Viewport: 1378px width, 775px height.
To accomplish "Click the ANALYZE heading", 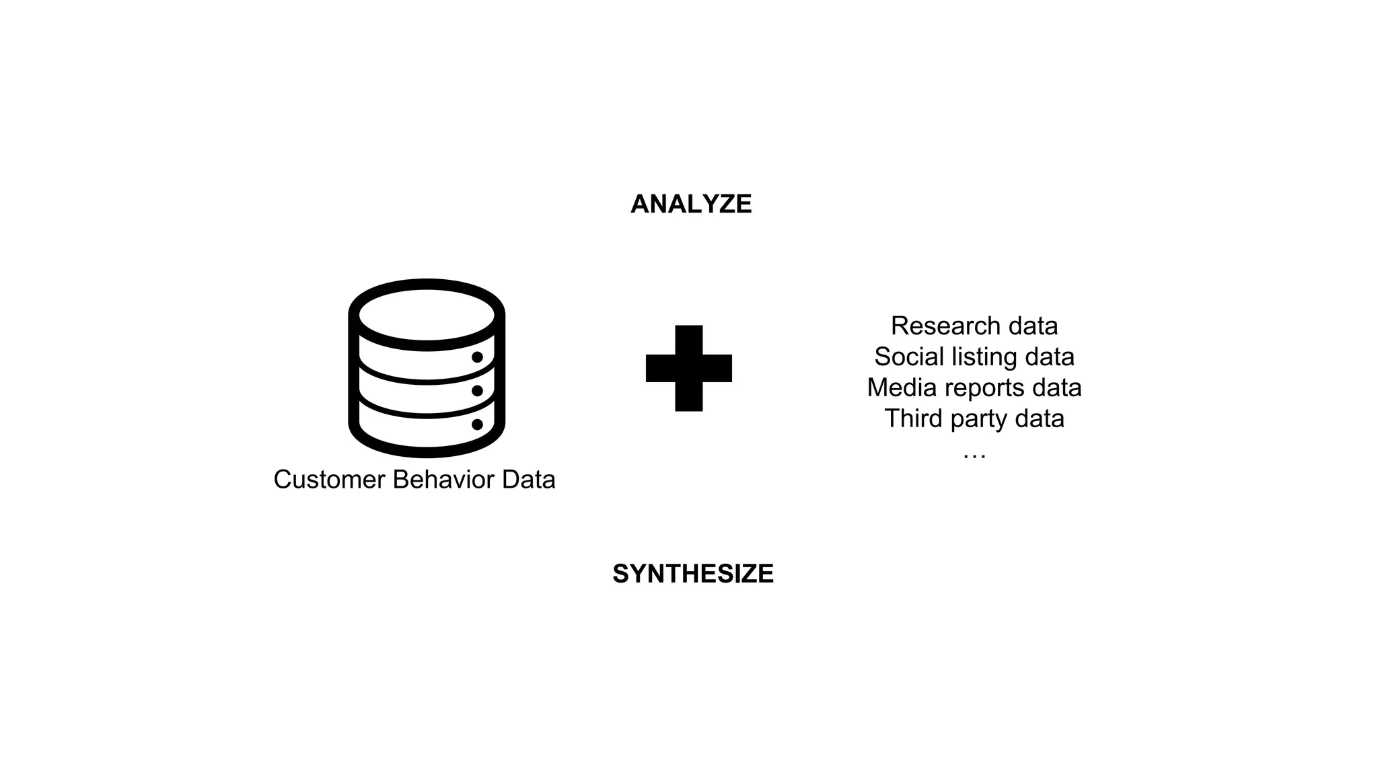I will (x=691, y=204).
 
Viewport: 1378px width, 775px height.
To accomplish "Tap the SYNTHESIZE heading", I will (x=692, y=574).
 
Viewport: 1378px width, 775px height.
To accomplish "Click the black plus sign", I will (x=688, y=368).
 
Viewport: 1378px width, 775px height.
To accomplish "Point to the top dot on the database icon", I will (x=477, y=357).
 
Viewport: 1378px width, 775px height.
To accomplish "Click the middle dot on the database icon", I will (x=477, y=391).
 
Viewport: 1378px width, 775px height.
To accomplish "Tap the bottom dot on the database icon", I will (x=477, y=425).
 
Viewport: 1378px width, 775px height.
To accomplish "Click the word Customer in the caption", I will (x=329, y=480).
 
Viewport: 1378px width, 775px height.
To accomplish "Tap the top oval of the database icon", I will (x=427, y=314).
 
